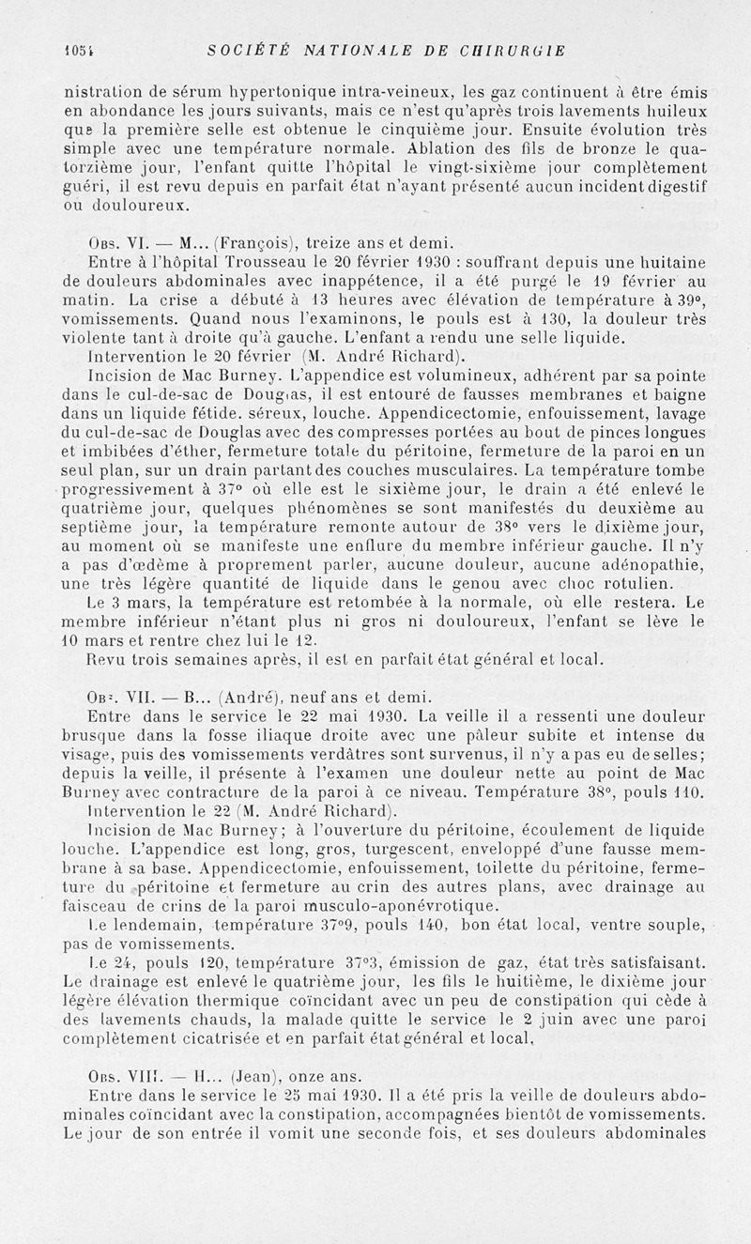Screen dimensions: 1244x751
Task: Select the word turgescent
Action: [387, 849]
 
